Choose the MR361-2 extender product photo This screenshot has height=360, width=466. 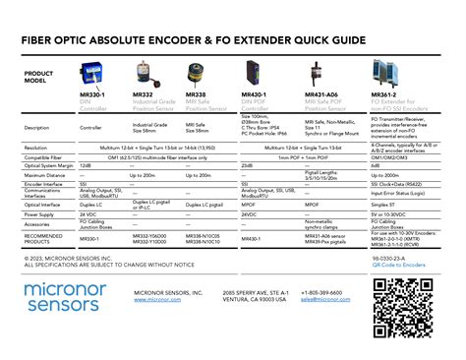pos(384,73)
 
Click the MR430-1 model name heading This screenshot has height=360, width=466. pos(254,94)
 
